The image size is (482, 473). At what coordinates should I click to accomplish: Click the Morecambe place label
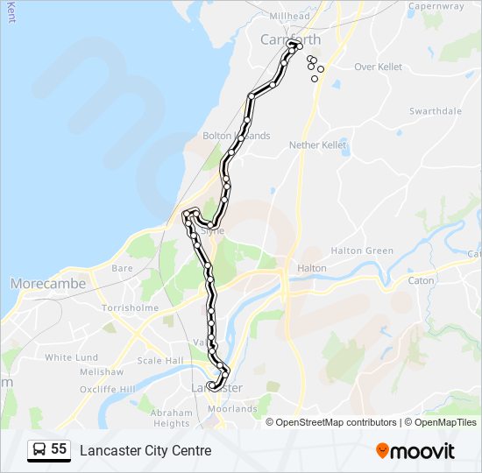click(48, 284)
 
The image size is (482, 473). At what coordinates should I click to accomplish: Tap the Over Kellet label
click(378, 67)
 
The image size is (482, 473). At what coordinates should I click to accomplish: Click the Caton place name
click(422, 281)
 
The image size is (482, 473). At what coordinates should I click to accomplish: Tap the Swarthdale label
click(436, 111)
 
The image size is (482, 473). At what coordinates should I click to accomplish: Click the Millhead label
click(289, 17)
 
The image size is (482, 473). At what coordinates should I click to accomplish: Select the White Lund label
click(71, 357)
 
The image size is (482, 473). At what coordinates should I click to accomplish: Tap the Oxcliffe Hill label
click(107, 389)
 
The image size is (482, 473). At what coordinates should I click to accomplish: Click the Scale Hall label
click(160, 361)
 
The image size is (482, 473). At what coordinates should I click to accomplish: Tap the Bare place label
click(122, 268)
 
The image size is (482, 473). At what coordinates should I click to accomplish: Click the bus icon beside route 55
click(39, 450)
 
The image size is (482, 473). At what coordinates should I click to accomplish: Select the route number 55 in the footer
click(59, 449)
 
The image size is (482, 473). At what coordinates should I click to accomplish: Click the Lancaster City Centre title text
click(145, 450)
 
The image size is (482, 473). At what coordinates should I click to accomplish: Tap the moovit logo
click(415, 451)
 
